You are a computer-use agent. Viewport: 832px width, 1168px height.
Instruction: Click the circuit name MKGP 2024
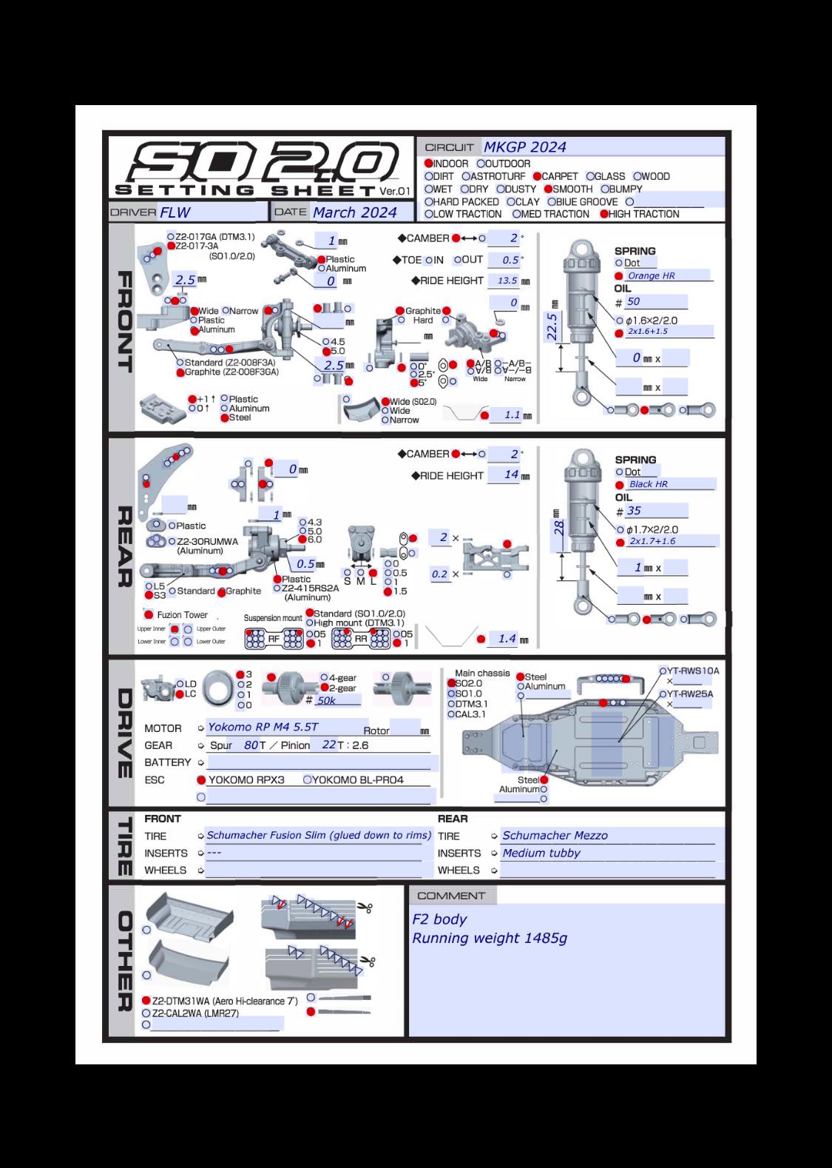tap(525, 147)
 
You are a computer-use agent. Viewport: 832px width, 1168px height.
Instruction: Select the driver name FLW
tap(175, 212)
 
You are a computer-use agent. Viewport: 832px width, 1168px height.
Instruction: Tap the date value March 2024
tap(354, 212)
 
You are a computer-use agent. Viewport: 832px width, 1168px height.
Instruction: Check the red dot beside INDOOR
tap(428, 164)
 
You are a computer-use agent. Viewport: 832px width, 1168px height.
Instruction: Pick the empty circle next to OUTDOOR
tap(481, 164)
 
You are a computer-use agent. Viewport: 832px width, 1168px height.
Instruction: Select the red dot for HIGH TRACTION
tap(604, 214)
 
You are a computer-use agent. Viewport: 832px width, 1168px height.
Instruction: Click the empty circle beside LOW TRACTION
tap(428, 214)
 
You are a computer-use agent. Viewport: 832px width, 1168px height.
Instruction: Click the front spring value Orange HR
tap(651, 275)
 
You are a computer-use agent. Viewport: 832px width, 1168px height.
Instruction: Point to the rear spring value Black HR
tap(648, 484)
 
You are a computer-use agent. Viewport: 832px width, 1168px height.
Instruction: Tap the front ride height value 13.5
tap(507, 281)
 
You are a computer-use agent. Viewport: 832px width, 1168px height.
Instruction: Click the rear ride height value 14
tap(511, 474)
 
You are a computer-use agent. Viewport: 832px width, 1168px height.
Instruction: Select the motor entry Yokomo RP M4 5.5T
tap(263, 727)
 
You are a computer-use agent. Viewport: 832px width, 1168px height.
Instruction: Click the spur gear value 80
tap(251, 745)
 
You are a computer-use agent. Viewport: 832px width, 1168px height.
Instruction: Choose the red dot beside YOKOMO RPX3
tap(201, 779)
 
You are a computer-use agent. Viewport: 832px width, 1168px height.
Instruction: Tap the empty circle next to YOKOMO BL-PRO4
tap(308, 779)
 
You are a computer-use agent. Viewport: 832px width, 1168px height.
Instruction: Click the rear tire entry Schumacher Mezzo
tap(555, 835)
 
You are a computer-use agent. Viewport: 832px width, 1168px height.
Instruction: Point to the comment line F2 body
tap(439, 919)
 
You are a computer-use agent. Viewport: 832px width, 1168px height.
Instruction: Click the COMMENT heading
tap(451, 896)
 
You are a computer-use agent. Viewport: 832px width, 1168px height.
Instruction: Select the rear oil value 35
tap(634, 511)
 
